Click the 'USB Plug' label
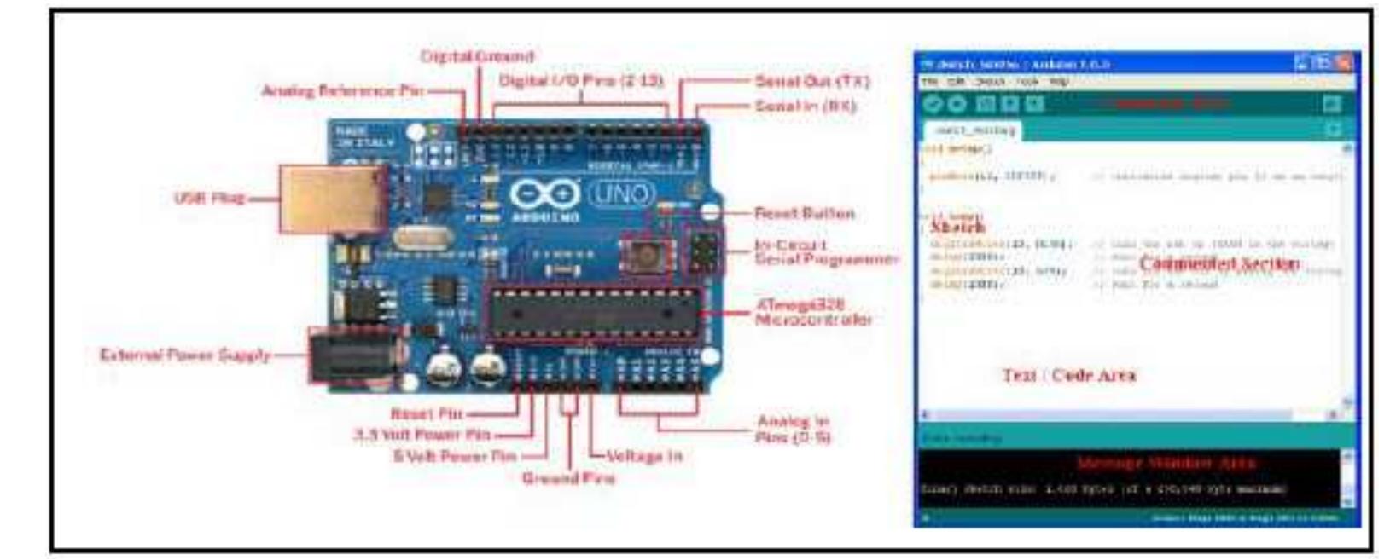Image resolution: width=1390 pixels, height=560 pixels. [x=209, y=199]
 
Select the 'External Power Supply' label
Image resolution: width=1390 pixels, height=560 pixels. [x=185, y=355]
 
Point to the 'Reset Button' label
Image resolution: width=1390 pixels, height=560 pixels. [x=804, y=213]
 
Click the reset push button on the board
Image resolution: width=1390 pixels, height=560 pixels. [x=646, y=254]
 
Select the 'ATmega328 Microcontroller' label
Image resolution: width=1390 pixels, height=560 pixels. [x=812, y=312]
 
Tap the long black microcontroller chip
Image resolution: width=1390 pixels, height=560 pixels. [x=594, y=314]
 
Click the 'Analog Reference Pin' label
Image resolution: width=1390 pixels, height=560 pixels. [x=341, y=90]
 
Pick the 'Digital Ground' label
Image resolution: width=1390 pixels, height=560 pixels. [x=477, y=56]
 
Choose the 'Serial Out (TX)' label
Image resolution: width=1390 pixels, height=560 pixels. [x=811, y=81]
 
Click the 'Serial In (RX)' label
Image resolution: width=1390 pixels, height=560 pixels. [x=806, y=106]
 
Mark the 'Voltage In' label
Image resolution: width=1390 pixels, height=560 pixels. [x=644, y=456]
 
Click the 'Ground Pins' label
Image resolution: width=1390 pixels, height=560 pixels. [x=568, y=478]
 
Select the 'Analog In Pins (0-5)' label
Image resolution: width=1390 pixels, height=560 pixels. [x=793, y=429]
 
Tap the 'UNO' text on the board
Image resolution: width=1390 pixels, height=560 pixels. [x=620, y=194]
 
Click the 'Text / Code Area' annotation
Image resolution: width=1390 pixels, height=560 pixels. [x=1068, y=375]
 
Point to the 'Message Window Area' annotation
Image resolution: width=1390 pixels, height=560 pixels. [x=1166, y=463]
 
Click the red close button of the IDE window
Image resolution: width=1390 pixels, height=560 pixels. [x=1345, y=63]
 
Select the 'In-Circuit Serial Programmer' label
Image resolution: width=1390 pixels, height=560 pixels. [x=825, y=251]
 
